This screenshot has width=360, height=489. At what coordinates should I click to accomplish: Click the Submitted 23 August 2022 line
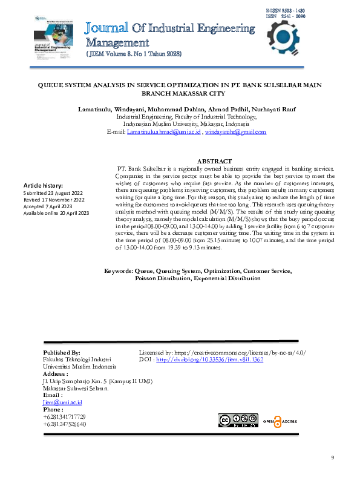coord(54,192)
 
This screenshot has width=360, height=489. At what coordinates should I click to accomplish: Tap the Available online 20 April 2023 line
coord(56,213)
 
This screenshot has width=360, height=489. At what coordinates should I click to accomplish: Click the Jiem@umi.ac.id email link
coord(62,402)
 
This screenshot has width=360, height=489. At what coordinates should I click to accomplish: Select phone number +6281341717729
coord(64,416)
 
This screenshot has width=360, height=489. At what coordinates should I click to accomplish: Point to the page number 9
coord(332,458)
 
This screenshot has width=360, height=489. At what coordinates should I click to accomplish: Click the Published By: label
coord(62,352)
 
